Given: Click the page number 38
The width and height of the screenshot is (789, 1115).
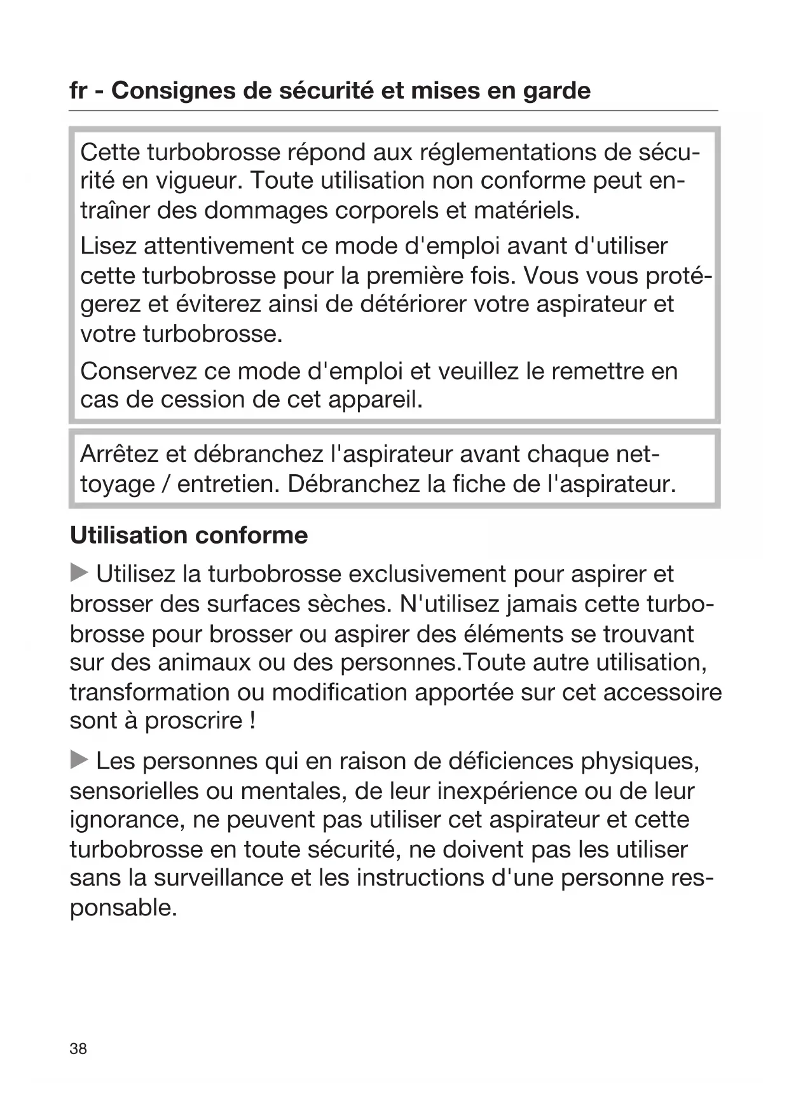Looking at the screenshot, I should pyautogui.click(x=78, y=1049).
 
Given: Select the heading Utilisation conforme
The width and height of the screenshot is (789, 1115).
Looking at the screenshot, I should pyautogui.click(x=189, y=535).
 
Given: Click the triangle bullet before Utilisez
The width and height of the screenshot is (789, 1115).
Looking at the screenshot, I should pyautogui.click(x=79, y=573).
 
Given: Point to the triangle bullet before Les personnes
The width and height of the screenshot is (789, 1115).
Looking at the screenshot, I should pyautogui.click(x=79, y=760).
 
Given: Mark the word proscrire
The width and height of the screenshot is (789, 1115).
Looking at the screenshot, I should pyautogui.click(x=194, y=721).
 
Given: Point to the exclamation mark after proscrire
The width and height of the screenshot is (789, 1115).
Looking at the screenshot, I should pyautogui.click(x=252, y=721).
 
